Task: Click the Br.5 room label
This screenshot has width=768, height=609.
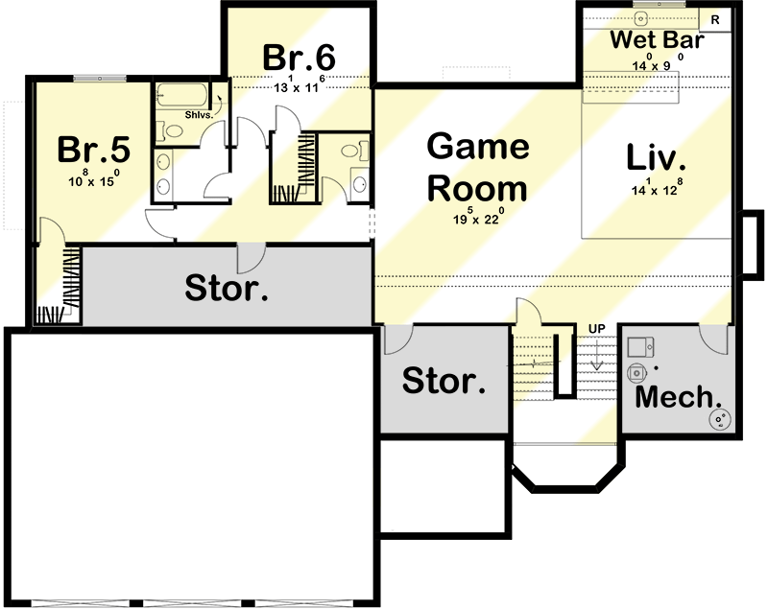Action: (x=93, y=150)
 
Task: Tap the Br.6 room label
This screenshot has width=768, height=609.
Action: (x=299, y=57)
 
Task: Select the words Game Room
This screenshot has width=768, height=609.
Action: (x=477, y=167)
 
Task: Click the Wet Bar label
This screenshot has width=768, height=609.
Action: (x=658, y=41)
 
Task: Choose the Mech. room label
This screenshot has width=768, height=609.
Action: (x=679, y=396)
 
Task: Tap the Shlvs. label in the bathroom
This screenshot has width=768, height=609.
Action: (x=200, y=115)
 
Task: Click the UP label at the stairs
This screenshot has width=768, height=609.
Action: (x=596, y=329)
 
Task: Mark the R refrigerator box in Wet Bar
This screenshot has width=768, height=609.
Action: (x=714, y=18)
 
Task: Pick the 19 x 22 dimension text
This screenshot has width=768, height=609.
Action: (x=476, y=219)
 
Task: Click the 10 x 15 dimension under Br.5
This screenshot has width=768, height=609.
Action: (x=93, y=180)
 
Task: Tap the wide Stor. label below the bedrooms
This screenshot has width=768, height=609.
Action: (x=227, y=287)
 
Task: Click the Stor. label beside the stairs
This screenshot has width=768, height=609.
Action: (x=444, y=381)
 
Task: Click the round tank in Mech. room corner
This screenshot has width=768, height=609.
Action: (x=719, y=418)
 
